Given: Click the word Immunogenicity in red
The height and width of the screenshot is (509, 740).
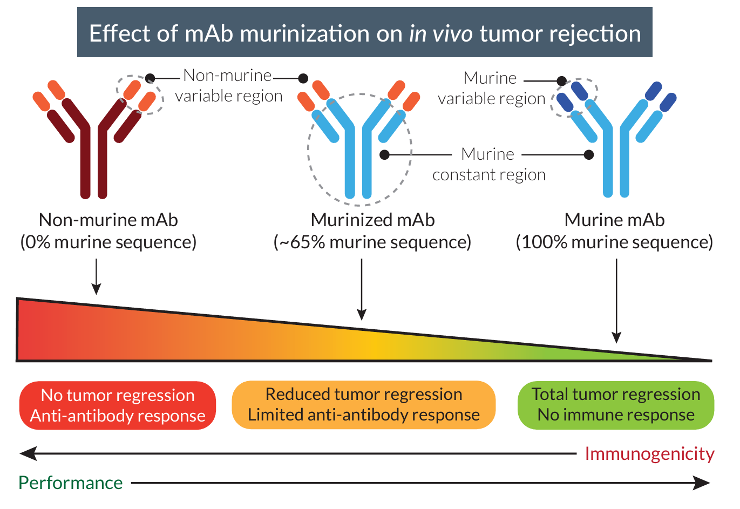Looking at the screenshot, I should pos(649,454).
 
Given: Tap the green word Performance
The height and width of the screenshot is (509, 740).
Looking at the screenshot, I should pos(70,483).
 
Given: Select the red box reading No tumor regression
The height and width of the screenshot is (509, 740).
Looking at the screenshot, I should pos(118,405).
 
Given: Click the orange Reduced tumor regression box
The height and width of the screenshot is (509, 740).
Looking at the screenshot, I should pos(363,405).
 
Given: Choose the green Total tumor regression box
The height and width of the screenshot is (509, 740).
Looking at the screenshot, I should pos(615,405).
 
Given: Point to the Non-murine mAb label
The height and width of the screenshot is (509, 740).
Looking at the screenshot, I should pos(108,220).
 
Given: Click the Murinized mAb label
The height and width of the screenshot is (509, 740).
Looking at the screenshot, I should pos(372,220).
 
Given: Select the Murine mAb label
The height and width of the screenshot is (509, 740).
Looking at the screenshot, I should pos(614,220).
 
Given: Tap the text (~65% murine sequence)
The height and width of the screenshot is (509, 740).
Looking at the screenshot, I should pos(372,242).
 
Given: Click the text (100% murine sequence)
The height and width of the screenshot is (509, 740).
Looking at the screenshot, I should pos(614,242).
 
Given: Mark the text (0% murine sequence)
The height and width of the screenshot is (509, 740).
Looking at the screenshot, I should pos(108,242).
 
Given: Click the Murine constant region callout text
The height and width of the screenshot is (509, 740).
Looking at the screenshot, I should pos(488,165).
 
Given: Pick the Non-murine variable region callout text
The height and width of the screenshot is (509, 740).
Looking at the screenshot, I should pos(228,86).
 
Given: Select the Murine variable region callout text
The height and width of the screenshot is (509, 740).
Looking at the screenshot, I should pos(491,89).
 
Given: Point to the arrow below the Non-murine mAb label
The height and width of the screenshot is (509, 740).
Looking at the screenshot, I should pos(96,276).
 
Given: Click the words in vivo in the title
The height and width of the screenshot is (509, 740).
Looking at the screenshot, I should pos(441,33).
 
